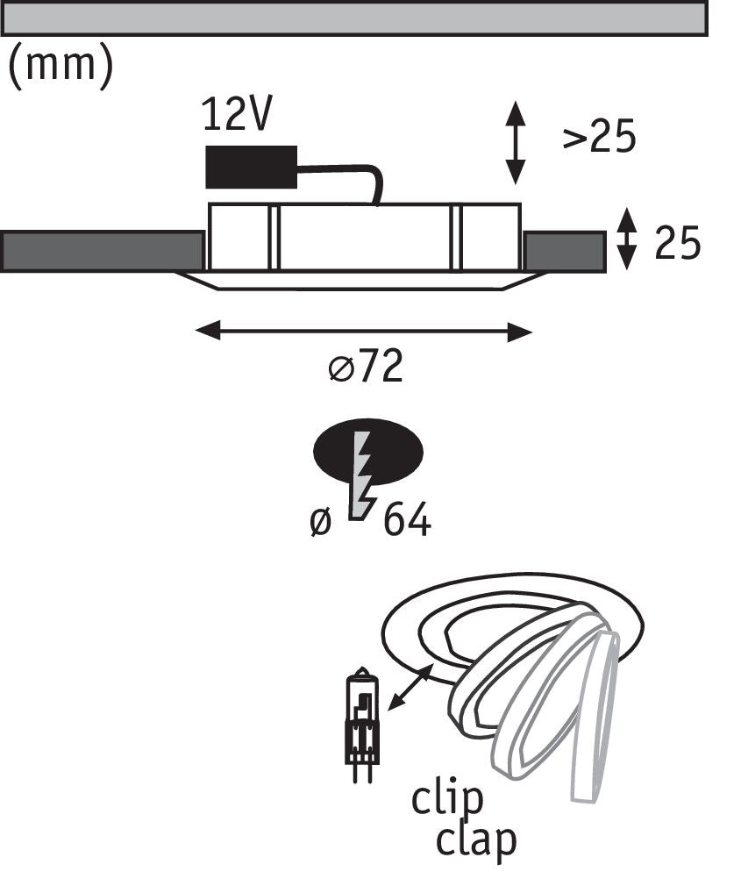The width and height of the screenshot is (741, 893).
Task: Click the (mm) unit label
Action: (x=61, y=68)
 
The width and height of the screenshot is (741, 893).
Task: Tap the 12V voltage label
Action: (x=237, y=114)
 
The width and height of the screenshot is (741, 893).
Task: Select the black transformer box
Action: (x=251, y=167)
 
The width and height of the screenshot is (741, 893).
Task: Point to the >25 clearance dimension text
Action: (x=599, y=137)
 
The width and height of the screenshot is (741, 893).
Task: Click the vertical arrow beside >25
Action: (x=516, y=142)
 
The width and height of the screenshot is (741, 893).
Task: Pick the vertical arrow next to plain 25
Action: (x=627, y=239)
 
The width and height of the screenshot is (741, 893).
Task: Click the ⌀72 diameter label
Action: (x=366, y=365)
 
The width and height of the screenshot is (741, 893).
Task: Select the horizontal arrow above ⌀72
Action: (x=364, y=332)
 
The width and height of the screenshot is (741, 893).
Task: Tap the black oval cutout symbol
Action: (x=368, y=454)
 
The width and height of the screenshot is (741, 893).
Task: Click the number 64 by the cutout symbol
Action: (x=407, y=520)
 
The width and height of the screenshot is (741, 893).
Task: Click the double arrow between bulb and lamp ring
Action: (x=410, y=689)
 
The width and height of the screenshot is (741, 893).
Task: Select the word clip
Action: (x=446, y=800)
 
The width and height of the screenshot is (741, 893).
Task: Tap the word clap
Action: (x=476, y=840)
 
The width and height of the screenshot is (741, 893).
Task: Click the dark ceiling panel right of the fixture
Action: (x=564, y=252)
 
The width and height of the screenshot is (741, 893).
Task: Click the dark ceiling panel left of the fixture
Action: (x=103, y=251)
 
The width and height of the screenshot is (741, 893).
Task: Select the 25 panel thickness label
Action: (x=677, y=243)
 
